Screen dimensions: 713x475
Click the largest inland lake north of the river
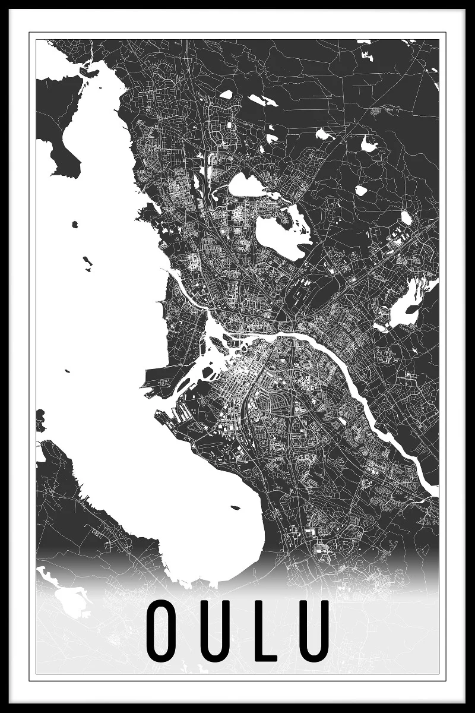[282, 235]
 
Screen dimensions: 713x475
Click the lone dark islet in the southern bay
[236, 507]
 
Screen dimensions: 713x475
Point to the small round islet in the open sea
[75, 224]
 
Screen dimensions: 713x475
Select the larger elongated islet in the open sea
[88, 261]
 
